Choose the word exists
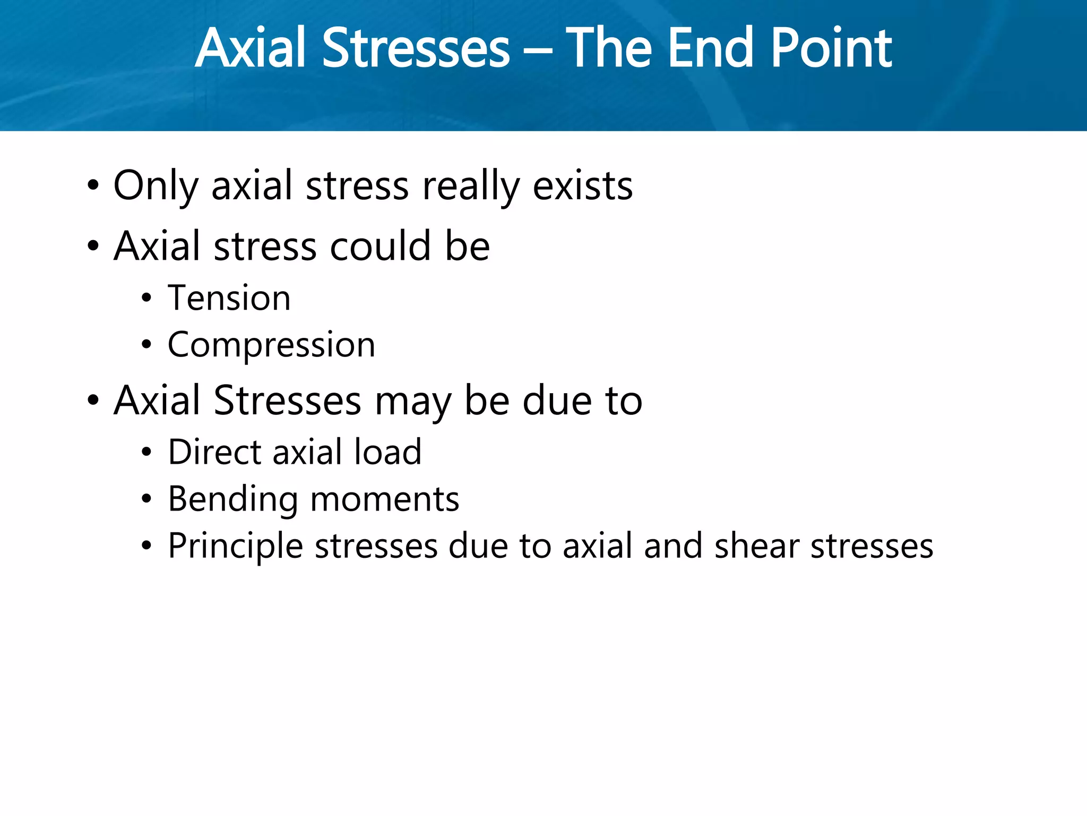pyautogui.click(x=582, y=186)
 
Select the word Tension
pyautogui.click(x=229, y=297)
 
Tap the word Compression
pyautogui.click(x=271, y=345)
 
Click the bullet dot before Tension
pyautogui.click(x=146, y=299)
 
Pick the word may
pyautogui.click(x=412, y=401)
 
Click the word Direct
pyautogui.click(x=215, y=452)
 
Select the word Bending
pyautogui.click(x=233, y=499)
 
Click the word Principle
pyautogui.click(x=236, y=546)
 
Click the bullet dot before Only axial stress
pyautogui.click(x=93, y=186)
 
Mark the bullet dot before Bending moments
pyautogui.click(x=146, y=499)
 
